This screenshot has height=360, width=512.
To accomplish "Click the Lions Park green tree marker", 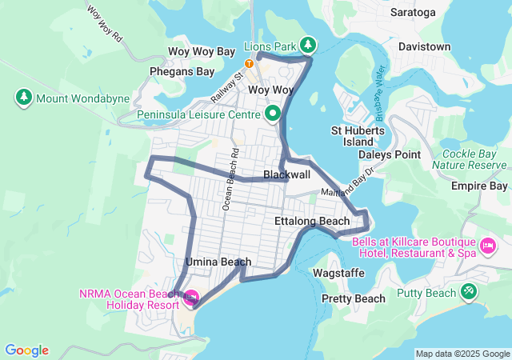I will (308, 45).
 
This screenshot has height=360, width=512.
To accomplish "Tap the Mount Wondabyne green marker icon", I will (23, 98).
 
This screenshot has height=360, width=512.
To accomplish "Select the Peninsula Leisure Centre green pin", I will (272, 114).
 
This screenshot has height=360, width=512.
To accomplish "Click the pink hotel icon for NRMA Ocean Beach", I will (191, 299).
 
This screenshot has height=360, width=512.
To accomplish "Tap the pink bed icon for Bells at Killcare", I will (486, 242).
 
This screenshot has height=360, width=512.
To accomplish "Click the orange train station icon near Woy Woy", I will (249, 63).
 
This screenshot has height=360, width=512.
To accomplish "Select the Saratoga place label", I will (413, 13).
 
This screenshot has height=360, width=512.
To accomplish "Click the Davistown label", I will (424, 46).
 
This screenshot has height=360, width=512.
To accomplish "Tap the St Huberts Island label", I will (358, 136).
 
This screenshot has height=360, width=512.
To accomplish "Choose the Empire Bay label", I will (480, 186).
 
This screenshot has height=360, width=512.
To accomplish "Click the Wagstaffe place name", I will (338, 273).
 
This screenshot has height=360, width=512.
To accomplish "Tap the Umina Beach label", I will (218, 262).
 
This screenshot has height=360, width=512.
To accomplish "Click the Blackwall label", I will (286, 174).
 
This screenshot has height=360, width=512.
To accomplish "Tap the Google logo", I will (26, 350).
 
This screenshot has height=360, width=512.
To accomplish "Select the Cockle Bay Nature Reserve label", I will (470, 158).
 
